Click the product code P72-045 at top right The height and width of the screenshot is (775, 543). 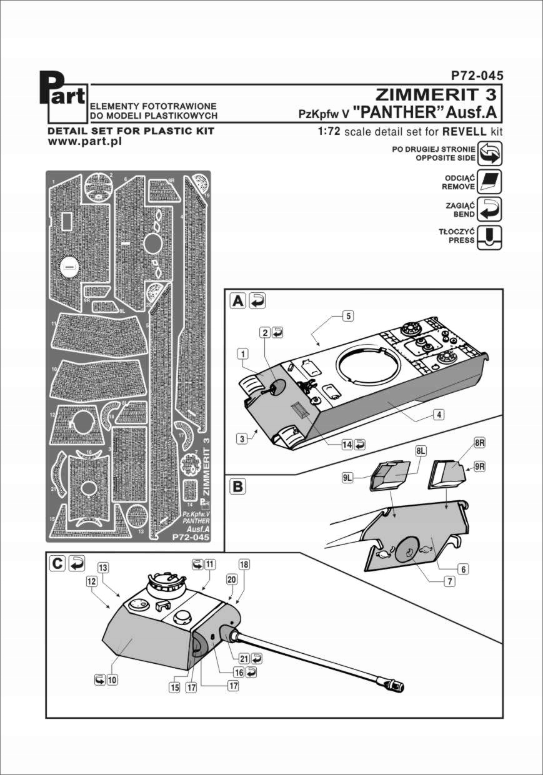477,76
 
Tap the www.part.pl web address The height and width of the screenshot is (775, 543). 84,142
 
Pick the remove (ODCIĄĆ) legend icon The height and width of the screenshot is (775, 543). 489,181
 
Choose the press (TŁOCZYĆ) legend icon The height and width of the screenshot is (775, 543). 489,237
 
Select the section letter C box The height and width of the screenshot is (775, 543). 56,563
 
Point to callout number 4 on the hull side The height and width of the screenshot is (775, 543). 440,414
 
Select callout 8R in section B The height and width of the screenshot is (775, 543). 480,443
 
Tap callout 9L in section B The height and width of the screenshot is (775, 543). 348,478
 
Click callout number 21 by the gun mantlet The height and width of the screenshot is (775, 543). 244,658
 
